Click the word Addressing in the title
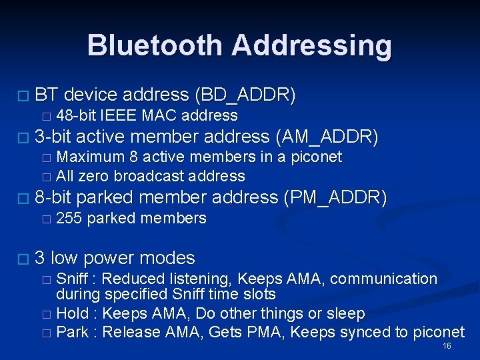pos(311,45)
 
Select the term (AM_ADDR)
pos(327,137)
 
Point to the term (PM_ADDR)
pos(335,197)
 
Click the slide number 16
pos(447,346)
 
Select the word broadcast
pos(152,177)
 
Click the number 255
pos(69,218)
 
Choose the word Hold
pos(72,313)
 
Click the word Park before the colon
pos(72,332)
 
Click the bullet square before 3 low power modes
pos(25,259)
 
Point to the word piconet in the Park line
pos(441,332)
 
